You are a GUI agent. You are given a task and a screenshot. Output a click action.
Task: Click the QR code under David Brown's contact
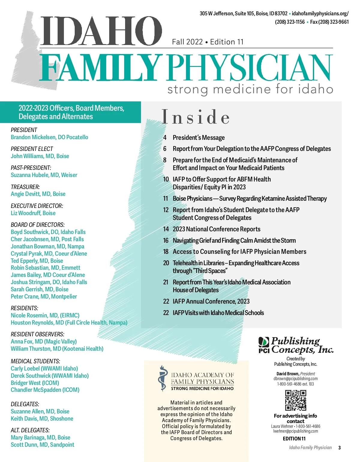point(295,400)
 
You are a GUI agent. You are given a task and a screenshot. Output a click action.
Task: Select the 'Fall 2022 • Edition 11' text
point(208,42)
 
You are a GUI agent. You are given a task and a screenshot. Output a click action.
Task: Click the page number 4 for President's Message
point(165,138)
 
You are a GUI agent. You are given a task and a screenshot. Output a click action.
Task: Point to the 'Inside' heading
point(196,117)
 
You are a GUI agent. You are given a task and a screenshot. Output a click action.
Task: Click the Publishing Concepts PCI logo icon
point(264,344)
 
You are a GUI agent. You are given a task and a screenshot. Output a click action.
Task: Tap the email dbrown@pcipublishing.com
point(295,379)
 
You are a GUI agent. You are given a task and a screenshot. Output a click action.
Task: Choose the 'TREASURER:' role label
point(25,187)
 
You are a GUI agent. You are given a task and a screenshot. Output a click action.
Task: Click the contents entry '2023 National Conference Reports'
point(216,229)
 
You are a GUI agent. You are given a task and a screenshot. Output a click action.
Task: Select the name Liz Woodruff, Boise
point(33,213)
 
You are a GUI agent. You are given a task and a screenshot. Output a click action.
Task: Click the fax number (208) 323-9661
point(329,22)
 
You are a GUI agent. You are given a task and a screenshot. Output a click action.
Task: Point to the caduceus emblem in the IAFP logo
point(163,378)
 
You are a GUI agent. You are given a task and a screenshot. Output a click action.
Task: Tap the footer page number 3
point(339,448)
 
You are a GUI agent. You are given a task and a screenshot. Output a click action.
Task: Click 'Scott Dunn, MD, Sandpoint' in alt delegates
point(42,445)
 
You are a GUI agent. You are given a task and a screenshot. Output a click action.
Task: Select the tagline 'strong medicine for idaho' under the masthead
point(250,89)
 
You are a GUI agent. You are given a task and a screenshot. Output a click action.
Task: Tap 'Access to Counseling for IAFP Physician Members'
point(239,252)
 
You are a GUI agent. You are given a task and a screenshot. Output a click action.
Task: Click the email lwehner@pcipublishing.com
point(295,431)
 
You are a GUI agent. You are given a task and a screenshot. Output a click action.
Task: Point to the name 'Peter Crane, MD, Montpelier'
point(44,296)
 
